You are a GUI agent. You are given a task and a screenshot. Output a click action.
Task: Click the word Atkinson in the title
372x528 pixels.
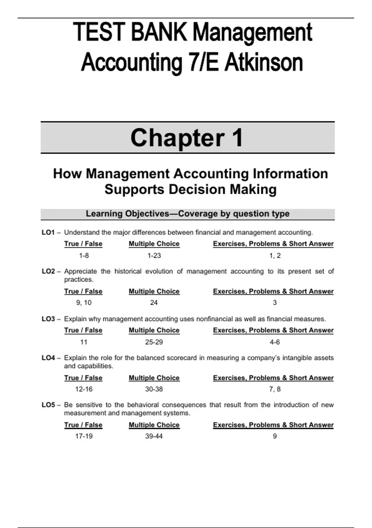click(263, 63)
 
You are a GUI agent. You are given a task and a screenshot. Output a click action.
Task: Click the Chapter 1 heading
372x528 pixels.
click(187, 138)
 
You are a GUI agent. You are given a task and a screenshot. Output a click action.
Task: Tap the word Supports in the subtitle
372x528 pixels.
click(134, 189)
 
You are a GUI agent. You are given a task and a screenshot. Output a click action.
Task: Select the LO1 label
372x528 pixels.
click(48, 232)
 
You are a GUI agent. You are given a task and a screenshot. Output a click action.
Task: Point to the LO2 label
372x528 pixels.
click(48, 271)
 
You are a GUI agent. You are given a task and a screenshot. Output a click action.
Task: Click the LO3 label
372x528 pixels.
click(48, 319)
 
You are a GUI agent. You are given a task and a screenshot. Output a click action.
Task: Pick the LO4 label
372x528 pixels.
click(48, 358)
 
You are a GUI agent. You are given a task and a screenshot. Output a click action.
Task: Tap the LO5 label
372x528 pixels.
click(48, 405)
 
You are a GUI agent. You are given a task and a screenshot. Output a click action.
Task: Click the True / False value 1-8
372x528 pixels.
click(84, 256)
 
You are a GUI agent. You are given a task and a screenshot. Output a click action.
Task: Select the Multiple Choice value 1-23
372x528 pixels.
click(154, 256)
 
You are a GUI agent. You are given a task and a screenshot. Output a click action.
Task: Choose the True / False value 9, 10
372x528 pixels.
click(84, 303)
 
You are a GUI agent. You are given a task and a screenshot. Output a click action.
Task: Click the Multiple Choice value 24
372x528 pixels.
click(154, 303)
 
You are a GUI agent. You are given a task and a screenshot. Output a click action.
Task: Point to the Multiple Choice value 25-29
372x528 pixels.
click(154, 342)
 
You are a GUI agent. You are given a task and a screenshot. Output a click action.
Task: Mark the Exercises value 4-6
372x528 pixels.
click(275, 342)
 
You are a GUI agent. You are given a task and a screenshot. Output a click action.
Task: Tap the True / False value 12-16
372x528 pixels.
click(84, 389)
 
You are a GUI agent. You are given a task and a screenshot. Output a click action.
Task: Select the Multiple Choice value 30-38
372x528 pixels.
click(154, 389)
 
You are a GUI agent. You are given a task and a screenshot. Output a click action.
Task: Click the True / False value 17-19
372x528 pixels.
click(84, 436)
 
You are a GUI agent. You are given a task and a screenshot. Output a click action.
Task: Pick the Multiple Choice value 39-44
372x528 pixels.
click(154, 436)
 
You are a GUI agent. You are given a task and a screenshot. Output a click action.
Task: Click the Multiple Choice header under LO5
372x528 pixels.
click(154, 425)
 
